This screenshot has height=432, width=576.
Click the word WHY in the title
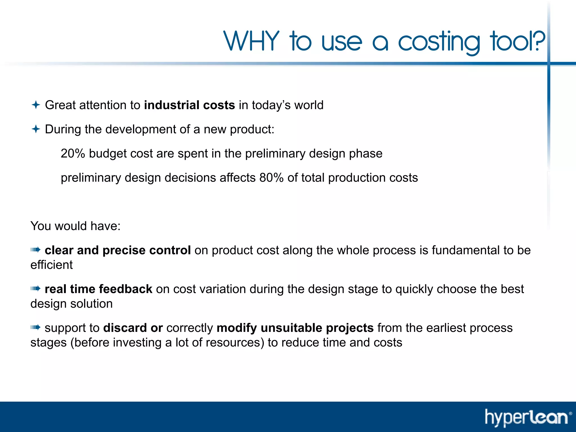(x=251, y=41)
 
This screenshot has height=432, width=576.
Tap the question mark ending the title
(x=538, y=41)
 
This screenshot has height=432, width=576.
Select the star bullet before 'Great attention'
(x=36, y=105)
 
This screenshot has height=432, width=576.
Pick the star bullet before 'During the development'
(x=36, y=129)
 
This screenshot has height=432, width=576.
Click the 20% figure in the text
(x=73, y=154)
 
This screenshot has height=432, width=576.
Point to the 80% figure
(x=271, y=178)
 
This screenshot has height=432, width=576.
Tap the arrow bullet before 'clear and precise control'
(x=36, y=250)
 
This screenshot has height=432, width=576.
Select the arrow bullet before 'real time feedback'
(x=36, y=288)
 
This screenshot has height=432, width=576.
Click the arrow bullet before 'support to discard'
(x=36, y=327)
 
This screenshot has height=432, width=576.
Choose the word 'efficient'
(x=51, y=265)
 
